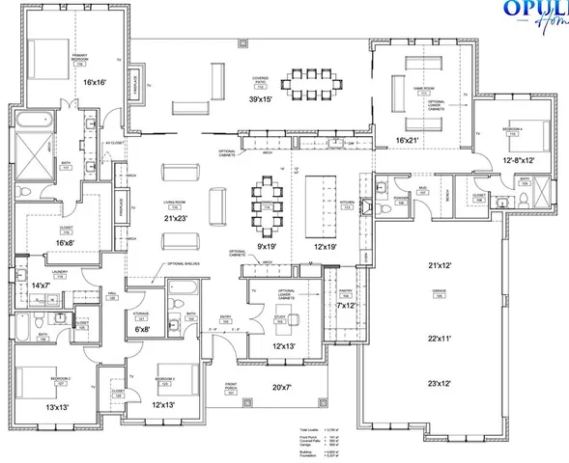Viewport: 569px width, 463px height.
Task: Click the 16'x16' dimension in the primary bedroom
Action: (x=93, y=84)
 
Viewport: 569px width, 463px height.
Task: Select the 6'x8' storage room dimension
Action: (x=141, y=330)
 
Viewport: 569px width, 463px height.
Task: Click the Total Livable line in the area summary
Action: (x=314, y=428)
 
